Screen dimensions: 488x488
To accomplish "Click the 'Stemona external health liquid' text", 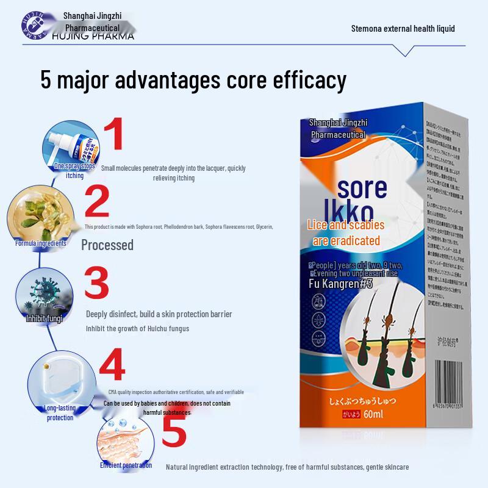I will point(403,28).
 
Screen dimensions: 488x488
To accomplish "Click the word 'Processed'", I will point(107,245).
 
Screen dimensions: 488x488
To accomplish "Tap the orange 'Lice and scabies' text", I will point(346,226).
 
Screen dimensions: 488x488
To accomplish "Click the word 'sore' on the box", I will point(362,187).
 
